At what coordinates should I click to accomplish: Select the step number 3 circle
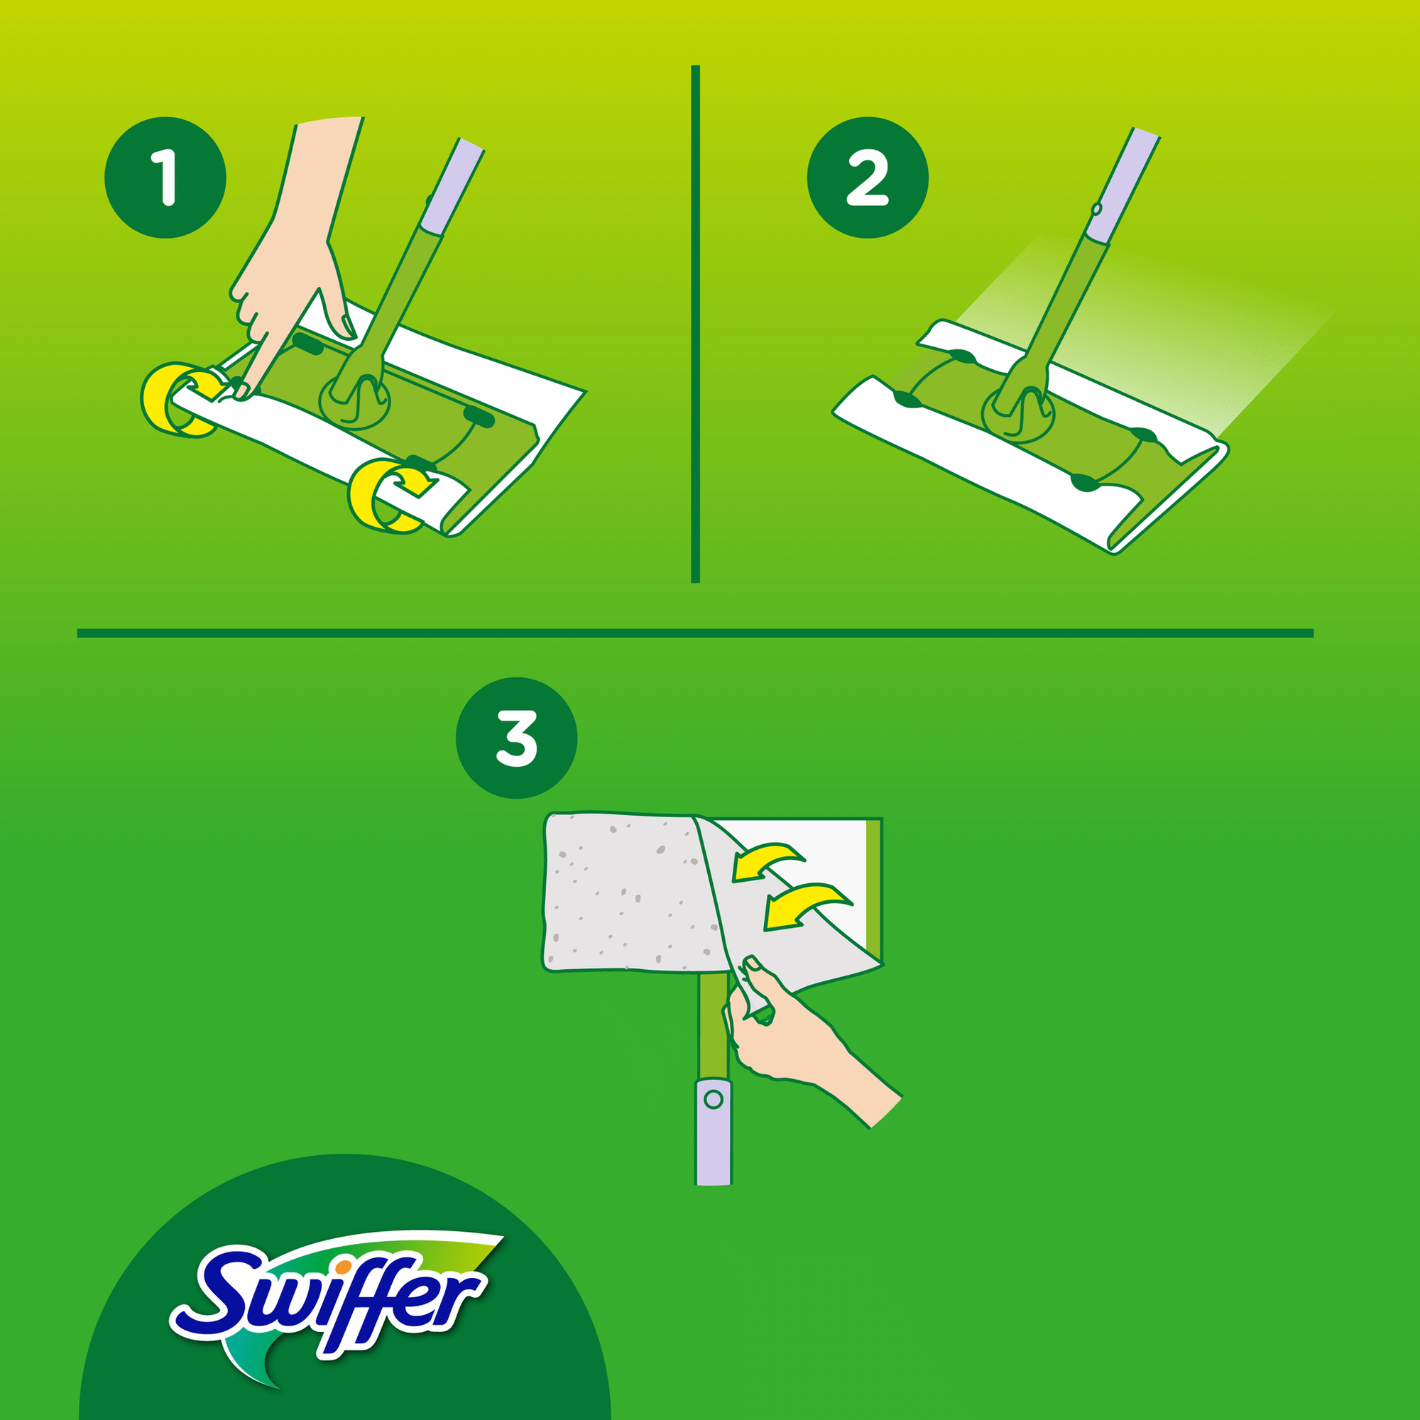[x=517, y=737]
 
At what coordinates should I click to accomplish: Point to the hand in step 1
[x=294, y=257]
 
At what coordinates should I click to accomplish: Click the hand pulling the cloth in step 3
[x=794, y=1037]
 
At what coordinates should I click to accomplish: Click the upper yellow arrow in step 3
[x=768, y=861]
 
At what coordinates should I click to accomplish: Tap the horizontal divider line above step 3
[x=695, y=633]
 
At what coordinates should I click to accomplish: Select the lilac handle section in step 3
[x=713, y=1132]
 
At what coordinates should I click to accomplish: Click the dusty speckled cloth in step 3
[x=625, y=893]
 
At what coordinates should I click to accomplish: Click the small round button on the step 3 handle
[x=713, y=1100]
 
